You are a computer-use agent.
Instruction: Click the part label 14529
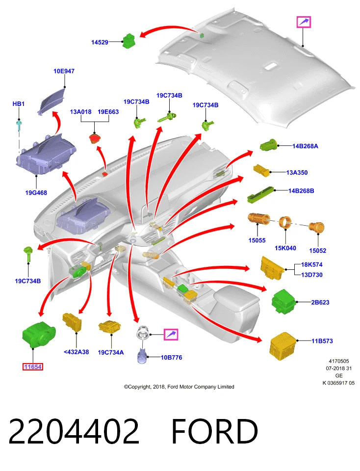click(100, 42)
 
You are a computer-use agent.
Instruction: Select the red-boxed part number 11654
click(33, 367)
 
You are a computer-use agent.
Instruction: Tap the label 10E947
click(64, 71)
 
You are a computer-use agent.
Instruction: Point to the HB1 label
click(18, 104)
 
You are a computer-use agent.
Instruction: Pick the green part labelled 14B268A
click(268, 145)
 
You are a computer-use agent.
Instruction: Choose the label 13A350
click(297, 172)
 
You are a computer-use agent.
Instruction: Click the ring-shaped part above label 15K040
click(285, 222)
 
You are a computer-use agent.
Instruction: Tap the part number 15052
click(318, 251)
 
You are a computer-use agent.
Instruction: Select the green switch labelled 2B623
click(283, 302)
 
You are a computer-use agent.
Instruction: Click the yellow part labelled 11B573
click(283, 346)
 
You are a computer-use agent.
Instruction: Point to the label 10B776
click(172, 358)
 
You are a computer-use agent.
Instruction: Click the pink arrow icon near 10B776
click(171, 334)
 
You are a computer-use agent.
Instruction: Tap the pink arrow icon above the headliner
click(304, 22)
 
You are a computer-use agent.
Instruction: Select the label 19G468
click(36, 192)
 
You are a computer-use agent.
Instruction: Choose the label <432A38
click(76, 352)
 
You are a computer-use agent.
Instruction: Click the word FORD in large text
click(215, 431)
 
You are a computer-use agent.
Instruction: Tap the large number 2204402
click(74, 431)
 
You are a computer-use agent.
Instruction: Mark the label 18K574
click(312, 264)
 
